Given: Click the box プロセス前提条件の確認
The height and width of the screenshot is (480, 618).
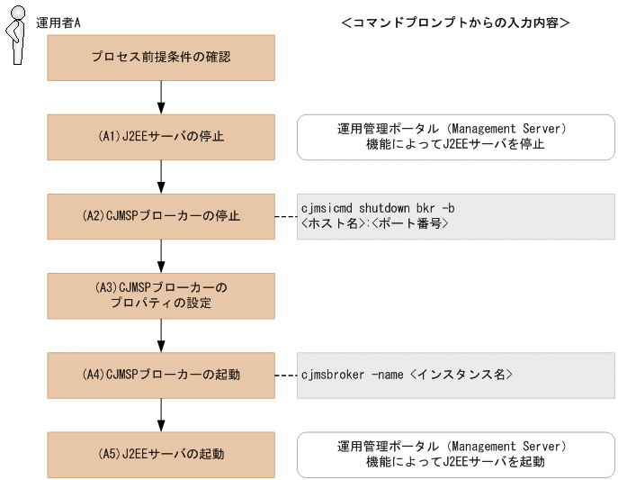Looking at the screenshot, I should tap(161, 57).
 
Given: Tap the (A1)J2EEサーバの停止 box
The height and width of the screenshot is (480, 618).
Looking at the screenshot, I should tap(161, 137).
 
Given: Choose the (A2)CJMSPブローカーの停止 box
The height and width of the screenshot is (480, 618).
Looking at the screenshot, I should tap(161, 216).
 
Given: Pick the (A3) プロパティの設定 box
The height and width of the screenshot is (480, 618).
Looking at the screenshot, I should tap(161, 294).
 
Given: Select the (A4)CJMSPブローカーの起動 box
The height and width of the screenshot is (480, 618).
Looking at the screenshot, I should tap(161, 374).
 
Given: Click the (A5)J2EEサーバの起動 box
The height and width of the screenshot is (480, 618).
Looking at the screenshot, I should tap(161, 453).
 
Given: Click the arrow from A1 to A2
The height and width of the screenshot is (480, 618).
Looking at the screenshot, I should tap(161, 177).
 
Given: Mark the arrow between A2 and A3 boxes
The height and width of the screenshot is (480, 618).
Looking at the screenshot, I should tap(161, 256).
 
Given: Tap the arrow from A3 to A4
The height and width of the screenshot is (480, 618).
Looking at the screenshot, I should tap(161, 334).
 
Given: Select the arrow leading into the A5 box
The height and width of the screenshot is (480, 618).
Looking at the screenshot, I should tap(161, 413).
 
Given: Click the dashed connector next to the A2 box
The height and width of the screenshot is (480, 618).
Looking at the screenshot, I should tap(285, 216).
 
